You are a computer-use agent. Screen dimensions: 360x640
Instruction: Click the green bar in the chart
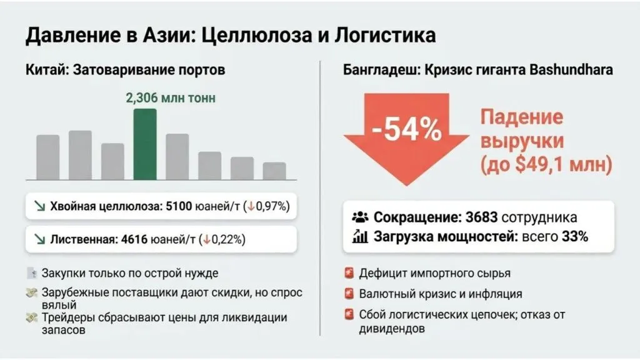(x=145, y=144)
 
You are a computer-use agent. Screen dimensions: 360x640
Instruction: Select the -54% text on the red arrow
(x=406, y=129)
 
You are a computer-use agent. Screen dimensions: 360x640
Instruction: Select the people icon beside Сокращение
(x=361, y=217)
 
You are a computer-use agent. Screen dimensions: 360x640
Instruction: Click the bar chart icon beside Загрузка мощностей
(x=361, y=236)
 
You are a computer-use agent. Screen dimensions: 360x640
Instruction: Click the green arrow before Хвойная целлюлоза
(x=39, y=206)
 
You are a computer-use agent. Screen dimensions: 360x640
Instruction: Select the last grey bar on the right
(x=274, y=171)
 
